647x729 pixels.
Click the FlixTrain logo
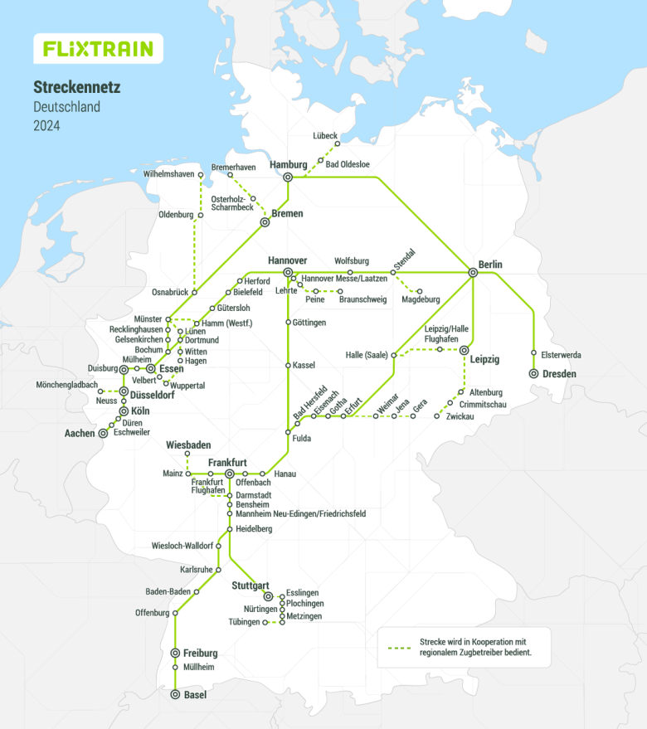click(x=98, y=49)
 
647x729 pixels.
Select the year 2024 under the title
click(x=46, y=126)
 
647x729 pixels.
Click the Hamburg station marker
click(x=288, y=177)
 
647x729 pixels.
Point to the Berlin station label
click(x=490, y=265)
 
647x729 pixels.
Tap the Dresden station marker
click(x=533, y=374)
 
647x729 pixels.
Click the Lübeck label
click(x=325, y=134)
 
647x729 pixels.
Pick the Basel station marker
click(x=175, y=695)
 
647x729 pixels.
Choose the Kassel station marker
click(x=288, y=365)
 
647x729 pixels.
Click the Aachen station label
click(x=80, y=433)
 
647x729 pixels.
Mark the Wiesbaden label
click(x=187, y=445)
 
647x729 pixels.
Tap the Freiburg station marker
click(x=175, y=653)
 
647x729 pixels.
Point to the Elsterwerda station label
click(x=561, y=355)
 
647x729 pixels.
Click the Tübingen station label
click(x=244, y=622)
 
